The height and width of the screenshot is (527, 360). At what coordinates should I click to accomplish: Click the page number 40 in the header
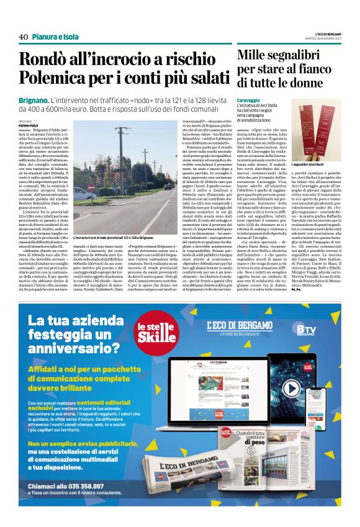(x=24, y=37)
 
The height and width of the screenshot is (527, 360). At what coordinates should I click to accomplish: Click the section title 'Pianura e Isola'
(x=55, y=37)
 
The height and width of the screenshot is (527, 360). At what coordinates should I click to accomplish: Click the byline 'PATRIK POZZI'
(x=29, y=125)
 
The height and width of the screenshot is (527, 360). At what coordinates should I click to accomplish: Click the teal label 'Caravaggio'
(x=248, y=99)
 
